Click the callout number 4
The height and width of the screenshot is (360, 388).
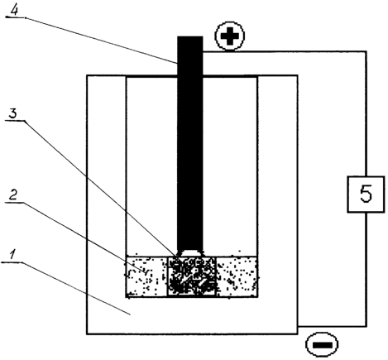(15, 10)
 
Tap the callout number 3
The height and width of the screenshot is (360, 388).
(12, 113)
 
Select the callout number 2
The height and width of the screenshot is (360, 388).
(12, 194)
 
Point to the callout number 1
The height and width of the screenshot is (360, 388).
(12, 254)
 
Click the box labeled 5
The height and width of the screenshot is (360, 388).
(366, 194)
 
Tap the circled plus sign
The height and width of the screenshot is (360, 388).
(230, 36)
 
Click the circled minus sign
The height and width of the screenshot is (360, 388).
(322, 344)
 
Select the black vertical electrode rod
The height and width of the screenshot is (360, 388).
(190, 143)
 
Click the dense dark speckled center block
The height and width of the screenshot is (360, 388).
(192, 276)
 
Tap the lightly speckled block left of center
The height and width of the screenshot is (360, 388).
(147, 276)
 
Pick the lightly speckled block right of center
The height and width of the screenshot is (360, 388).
(237, 276)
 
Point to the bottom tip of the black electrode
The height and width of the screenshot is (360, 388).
(190, 251)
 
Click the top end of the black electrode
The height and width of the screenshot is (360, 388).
(190, 36)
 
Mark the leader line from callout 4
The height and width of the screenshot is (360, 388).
(102, 41)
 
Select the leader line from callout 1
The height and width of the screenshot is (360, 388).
(75, 288)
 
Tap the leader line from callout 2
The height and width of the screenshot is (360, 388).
(84, 238)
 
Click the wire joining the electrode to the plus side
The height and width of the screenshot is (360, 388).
(285, 51)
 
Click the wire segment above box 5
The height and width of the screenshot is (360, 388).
(366, 113)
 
